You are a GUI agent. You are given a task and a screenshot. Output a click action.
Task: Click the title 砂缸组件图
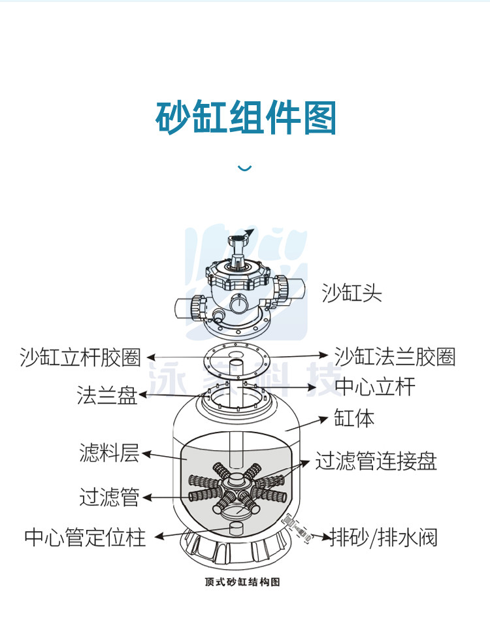(246, 118)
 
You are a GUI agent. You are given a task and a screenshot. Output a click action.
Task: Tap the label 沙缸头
(351, 292)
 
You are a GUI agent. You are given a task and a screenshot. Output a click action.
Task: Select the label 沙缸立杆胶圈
(80, 357)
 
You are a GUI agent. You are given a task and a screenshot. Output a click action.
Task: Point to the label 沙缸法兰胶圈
(395, 357)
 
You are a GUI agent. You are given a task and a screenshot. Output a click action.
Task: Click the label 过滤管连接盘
(376, 461)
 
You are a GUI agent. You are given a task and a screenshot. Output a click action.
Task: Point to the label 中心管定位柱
(85, 537)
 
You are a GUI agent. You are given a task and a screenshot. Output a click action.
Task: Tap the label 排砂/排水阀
(384, 537)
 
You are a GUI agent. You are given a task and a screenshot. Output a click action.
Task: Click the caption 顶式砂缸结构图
(242, 581)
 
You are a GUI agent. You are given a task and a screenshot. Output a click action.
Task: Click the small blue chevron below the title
(244, 169)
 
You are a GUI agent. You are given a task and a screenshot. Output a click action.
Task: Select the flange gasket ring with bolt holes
(239, 359)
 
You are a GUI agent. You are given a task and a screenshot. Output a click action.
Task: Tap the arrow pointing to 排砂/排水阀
(321, 537)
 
